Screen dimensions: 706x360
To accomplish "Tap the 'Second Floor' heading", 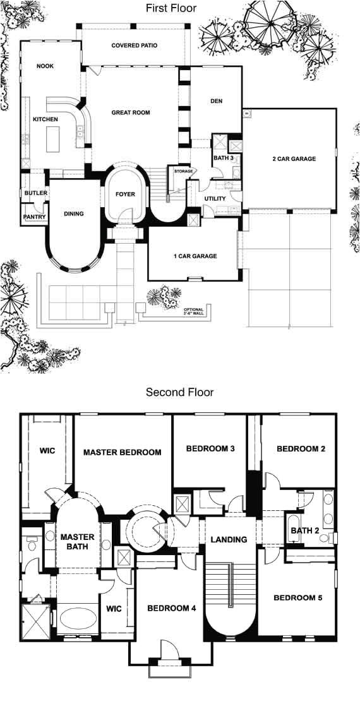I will (x=179, y=392).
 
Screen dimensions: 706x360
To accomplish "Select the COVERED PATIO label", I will (x=135, y=45).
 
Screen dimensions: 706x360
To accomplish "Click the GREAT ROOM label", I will (x=131, y=112).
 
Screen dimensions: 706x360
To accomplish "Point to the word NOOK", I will (x=45, y=66).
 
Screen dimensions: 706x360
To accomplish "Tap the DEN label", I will (x=216, y=101).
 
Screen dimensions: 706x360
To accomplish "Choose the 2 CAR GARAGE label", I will (x=294, y=159).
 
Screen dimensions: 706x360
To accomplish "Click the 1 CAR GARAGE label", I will (x=195, y=256).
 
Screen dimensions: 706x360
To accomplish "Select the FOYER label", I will (x=125, y=194).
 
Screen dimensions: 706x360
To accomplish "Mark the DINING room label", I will (x=74, y=213).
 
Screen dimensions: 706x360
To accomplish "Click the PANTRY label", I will (x=32, y=217).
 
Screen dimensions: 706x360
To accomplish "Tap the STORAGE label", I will (x=184, y=171).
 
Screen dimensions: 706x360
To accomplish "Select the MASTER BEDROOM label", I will (x=123, y=452).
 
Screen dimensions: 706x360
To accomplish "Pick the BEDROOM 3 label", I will (x=210, y=449).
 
